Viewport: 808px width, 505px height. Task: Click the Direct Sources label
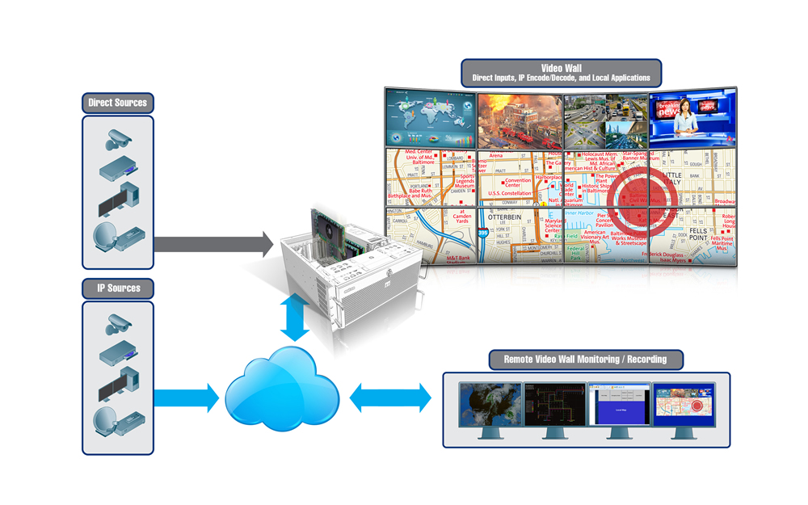click(x=118, y=103)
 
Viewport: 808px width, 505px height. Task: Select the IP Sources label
click(x=118, y=288)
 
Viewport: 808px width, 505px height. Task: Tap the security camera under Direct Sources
click(x=117, y=139)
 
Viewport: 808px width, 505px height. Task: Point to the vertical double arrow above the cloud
click(x=296, y=318)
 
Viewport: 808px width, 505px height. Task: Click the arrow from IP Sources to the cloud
click(x=186, y=397)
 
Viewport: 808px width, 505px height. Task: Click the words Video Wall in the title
click(x=561, y=68)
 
